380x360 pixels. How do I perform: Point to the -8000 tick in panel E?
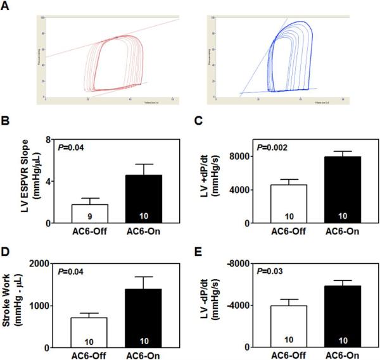click(x=248, y=263)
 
